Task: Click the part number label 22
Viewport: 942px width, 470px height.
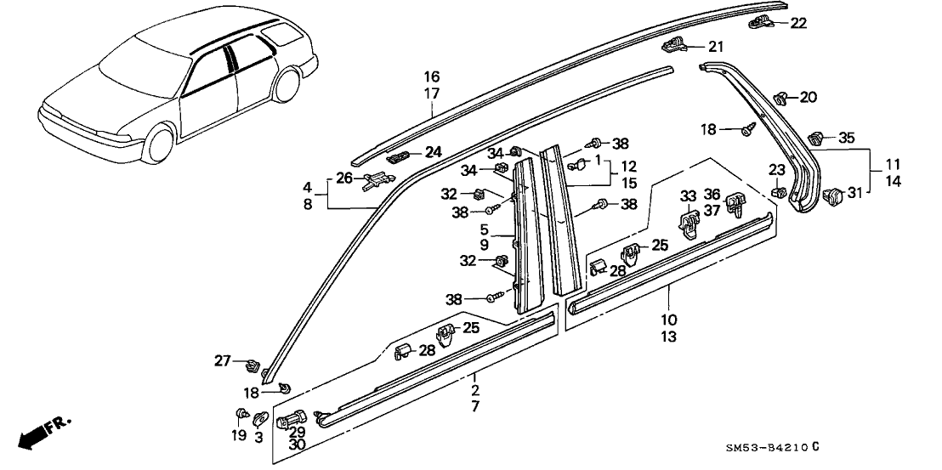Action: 797,23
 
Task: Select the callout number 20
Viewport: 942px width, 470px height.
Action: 807,97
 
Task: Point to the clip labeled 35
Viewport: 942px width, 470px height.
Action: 817,136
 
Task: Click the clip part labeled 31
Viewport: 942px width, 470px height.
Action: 831,195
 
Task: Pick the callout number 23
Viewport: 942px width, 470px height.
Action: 777,168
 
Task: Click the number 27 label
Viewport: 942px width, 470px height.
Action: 222,360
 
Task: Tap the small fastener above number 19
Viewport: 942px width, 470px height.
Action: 242,414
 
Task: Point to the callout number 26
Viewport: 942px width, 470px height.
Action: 343,178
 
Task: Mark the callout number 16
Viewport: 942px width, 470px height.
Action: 432,76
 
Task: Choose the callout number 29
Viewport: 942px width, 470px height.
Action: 296,432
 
